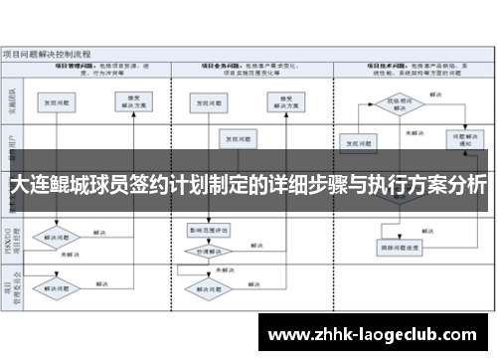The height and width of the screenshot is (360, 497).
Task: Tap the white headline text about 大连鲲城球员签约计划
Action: click(x=248, y=186)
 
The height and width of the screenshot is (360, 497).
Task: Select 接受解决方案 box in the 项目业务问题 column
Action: click(x=280, y=101)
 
